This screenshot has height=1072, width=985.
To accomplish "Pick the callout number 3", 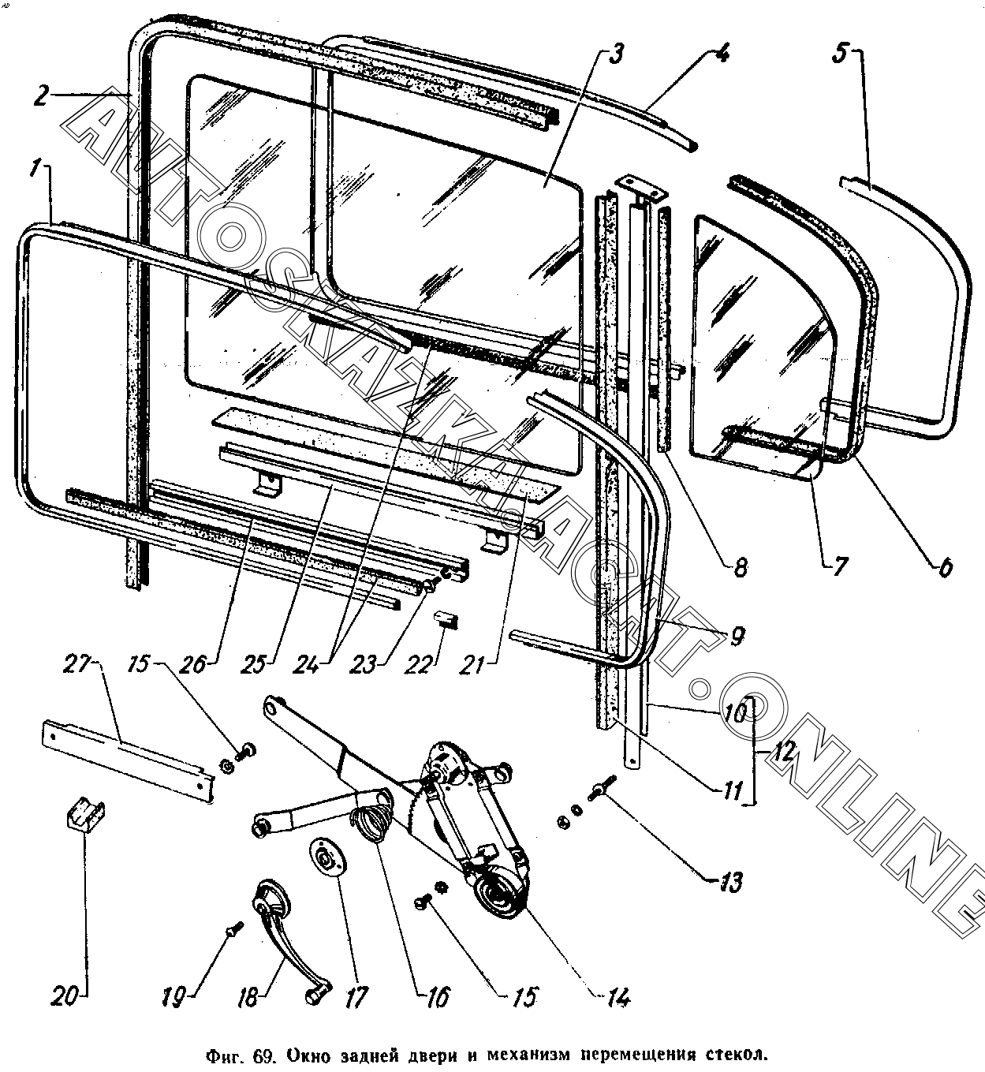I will (x=616, y=55).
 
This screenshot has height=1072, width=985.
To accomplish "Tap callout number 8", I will (x=739, y=567).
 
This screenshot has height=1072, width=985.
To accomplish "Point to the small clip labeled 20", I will (x=84, y=812).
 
